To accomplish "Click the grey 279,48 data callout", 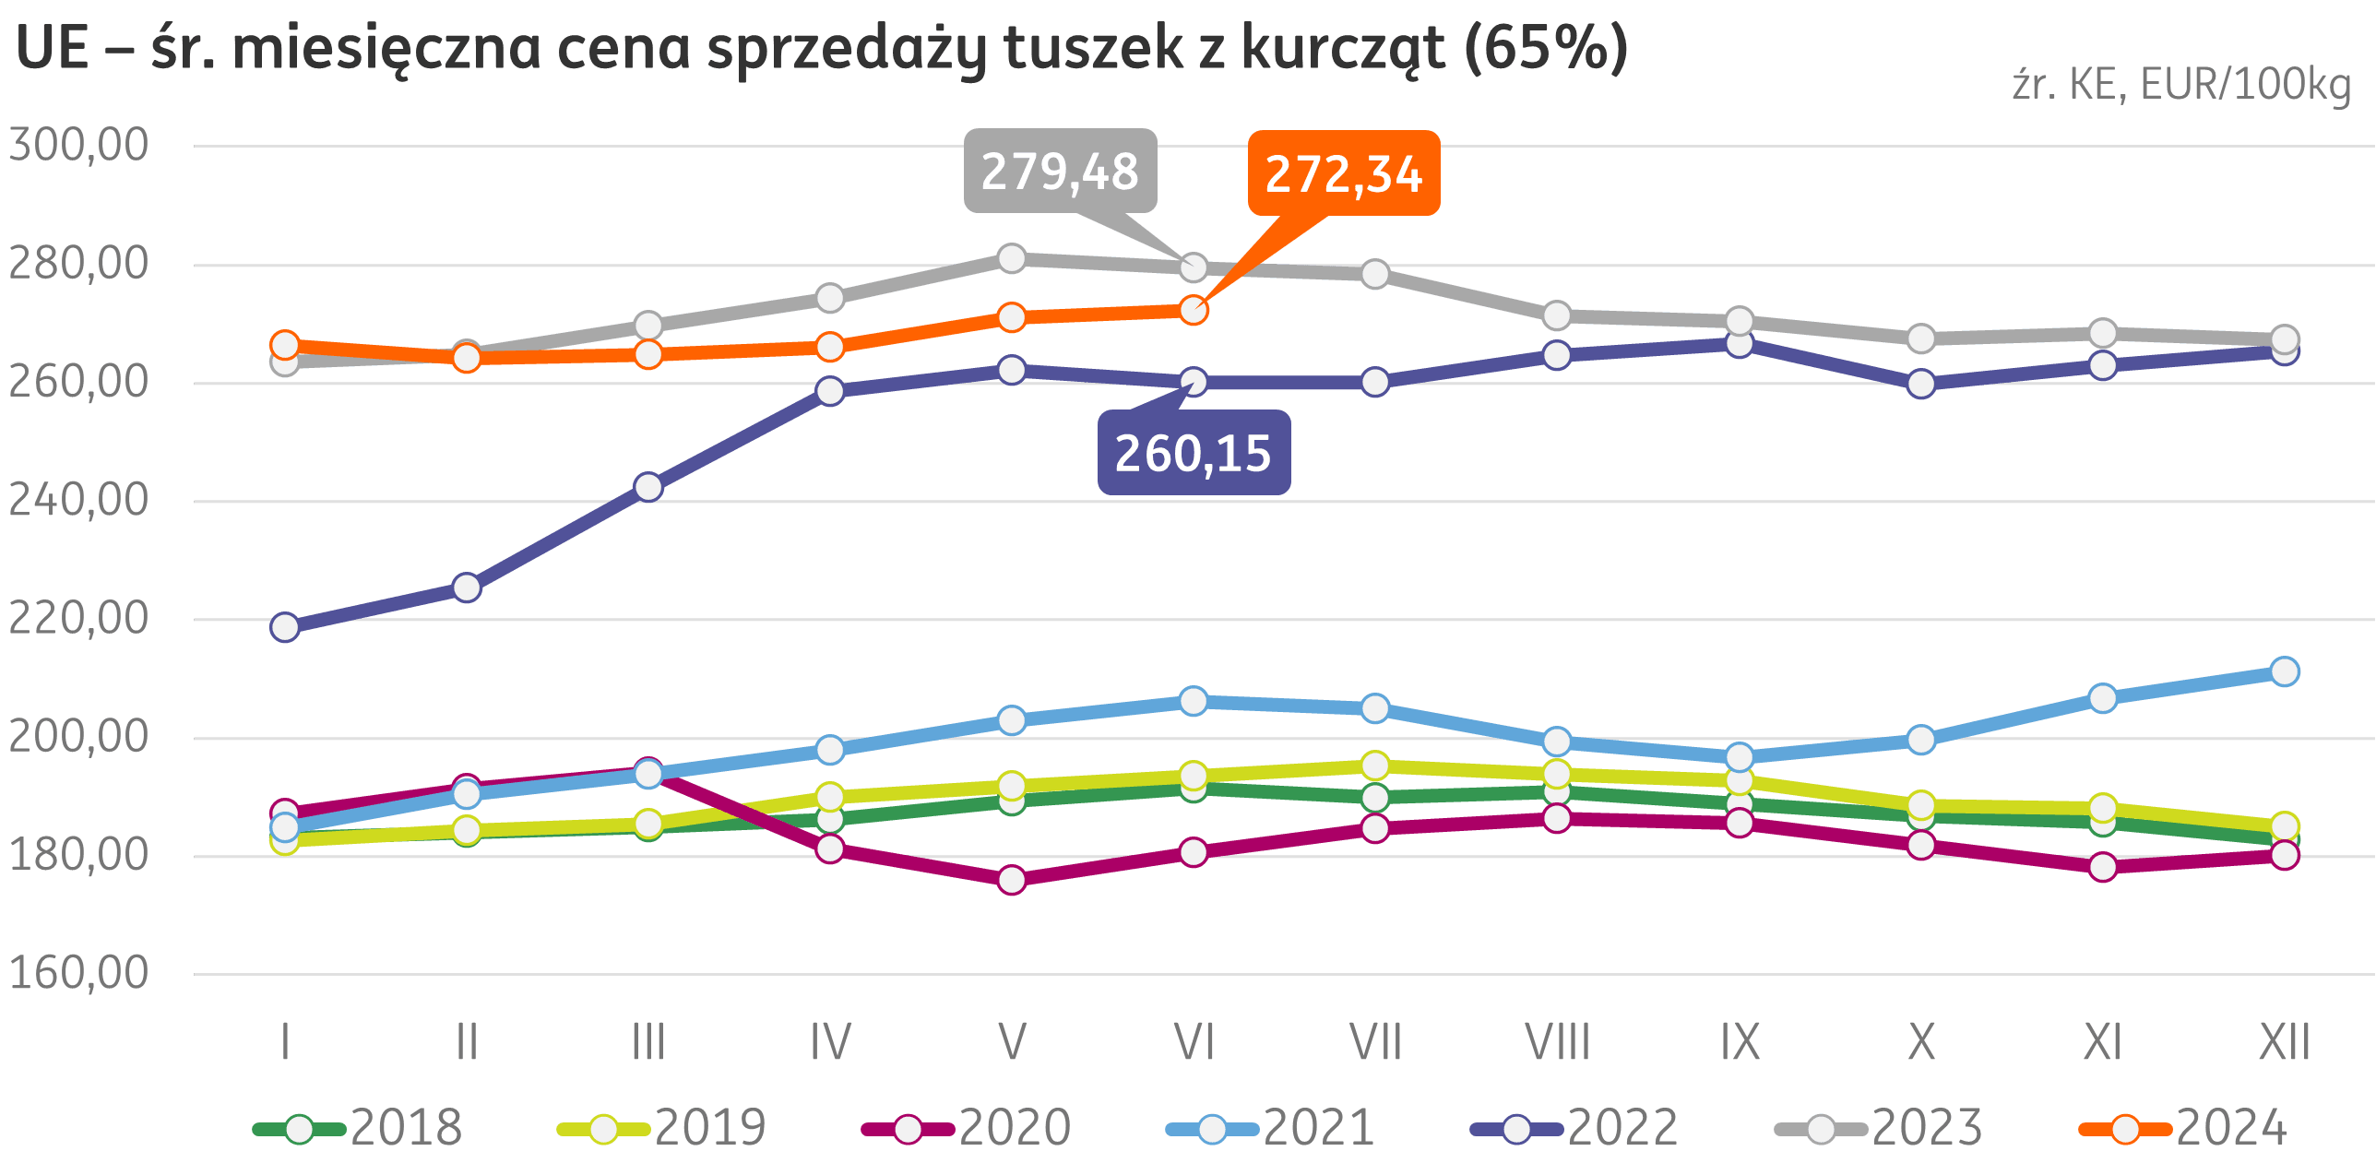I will (1060, 172).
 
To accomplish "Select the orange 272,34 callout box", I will (1343, 173).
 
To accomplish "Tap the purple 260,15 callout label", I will (1193, 453).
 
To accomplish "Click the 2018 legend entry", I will (360, 1128).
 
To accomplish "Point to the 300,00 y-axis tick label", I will (78, 145).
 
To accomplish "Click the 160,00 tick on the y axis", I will (78, 973).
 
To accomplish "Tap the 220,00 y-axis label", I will (78, 618).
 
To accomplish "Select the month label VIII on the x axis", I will (1557, 1043).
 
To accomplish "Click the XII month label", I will (2284, 1043).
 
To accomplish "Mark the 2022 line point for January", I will (285, 627).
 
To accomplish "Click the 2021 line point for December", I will (2284, 671).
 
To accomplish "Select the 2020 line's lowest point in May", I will (1012, 880).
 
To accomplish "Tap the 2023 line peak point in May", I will (1012, 258).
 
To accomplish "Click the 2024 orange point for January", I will (285, 345).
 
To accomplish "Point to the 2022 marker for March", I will (648, 487).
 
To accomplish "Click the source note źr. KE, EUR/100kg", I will (2180, 85).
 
